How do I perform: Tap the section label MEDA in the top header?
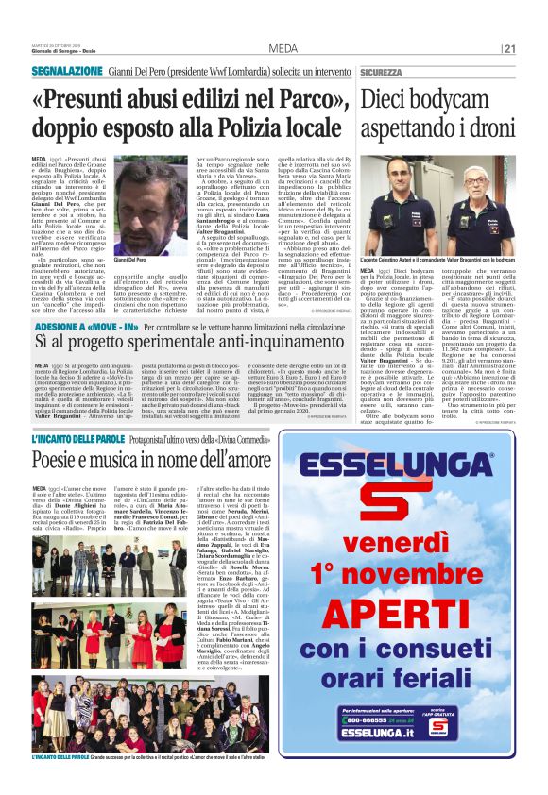point(283,49)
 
